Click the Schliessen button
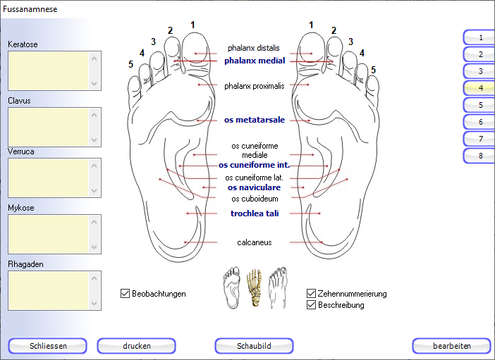(48, 346)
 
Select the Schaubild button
(254, 346)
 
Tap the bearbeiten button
(451, 346)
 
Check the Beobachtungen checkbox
(126, 293)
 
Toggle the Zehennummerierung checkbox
(312, 294)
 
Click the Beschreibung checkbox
(312, 305)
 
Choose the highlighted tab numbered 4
(479, 88)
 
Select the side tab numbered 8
(479, 156)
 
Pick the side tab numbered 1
(479, 37)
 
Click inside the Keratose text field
(49, 70)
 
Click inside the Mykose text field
(49, 234)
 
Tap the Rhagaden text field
(49, 290)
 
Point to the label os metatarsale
(255, 120)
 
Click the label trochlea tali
(255, 213)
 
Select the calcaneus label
(255, 242)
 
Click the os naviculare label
(254, 187)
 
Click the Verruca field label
(21, 151)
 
